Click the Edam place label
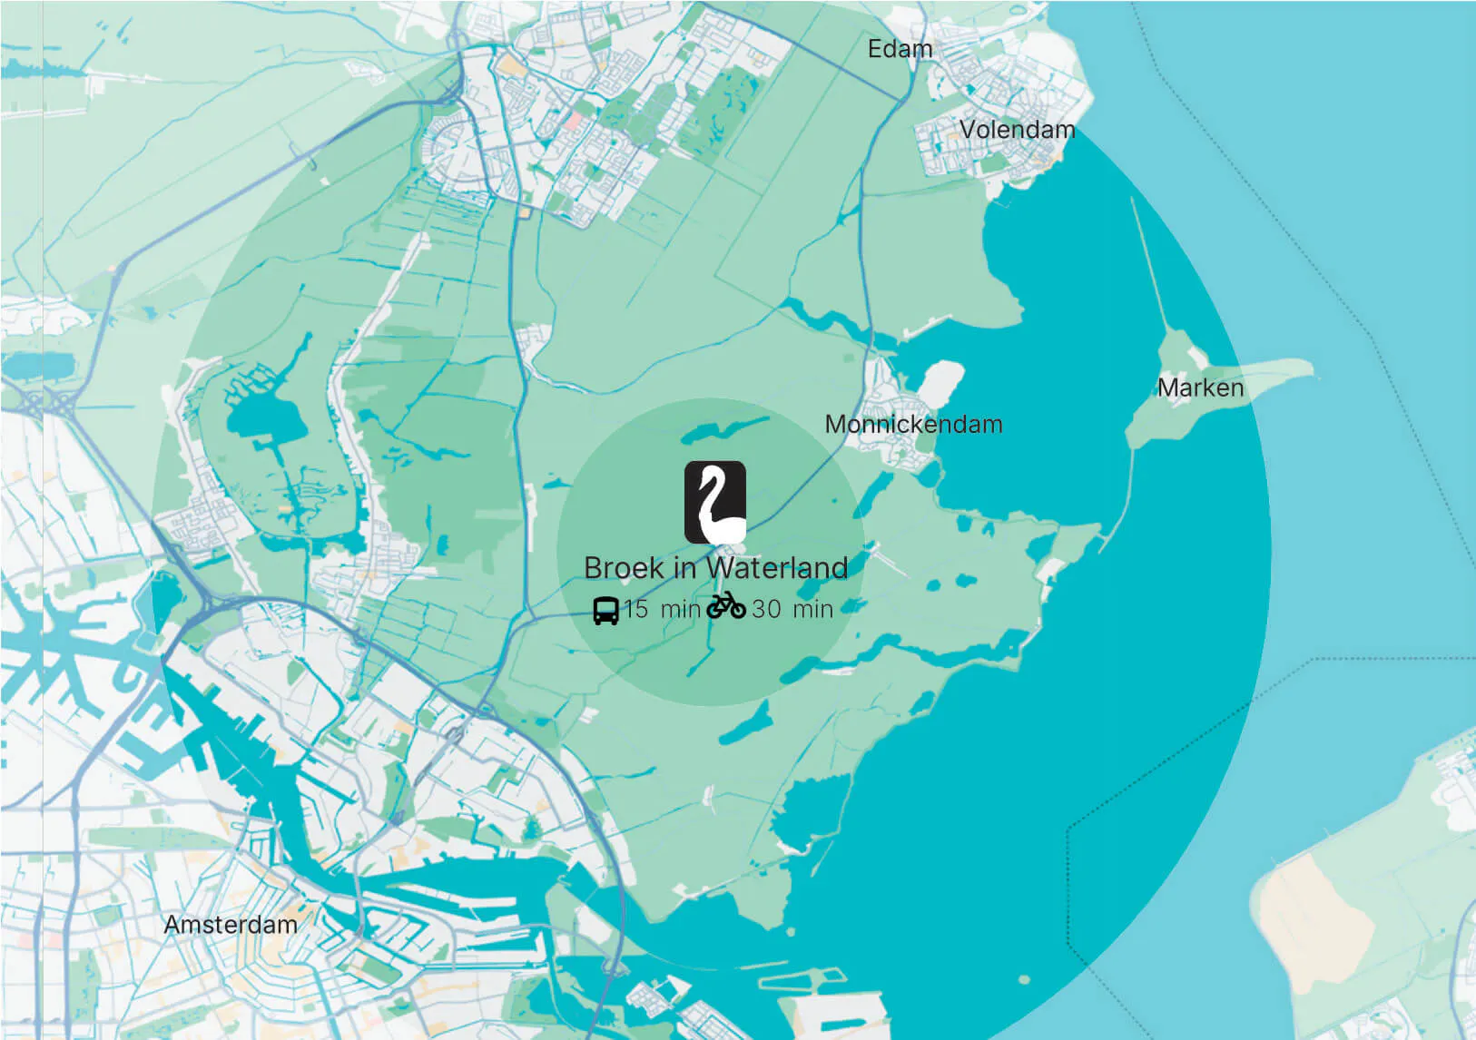click(x=900, y=49)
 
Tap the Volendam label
click(x=1017, y=130)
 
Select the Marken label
click(x=1200, y=388)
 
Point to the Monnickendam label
click(x=913, y=424)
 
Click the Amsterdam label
click(x=231, y=925)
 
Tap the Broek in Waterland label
click(x=715, y=568)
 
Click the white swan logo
click(x=715, y=503)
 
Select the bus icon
click(x=605, y=610)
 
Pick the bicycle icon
click(x=726, y=605)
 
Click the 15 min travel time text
click(x=662, y=609)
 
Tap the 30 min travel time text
click(x=792, y=609)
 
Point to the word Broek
click(x=624, y=568)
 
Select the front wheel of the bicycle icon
click(x=737, y=609)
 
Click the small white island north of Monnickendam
click(x=942, y=378)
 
